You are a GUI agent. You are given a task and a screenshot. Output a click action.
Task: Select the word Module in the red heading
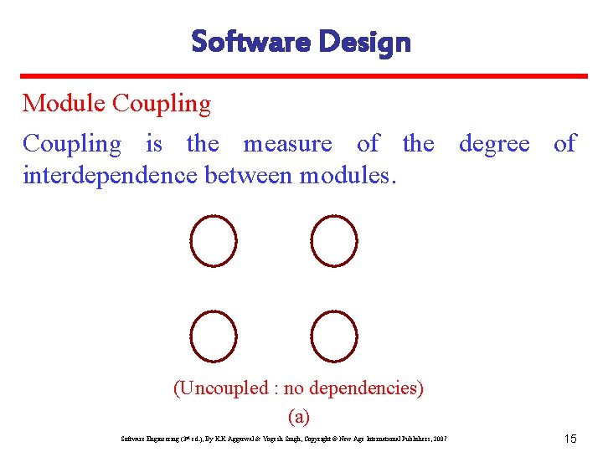(x=64, y=104)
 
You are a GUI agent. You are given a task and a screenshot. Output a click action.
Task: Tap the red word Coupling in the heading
(x=161, y=104)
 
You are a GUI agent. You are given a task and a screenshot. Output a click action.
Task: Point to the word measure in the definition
(x=287, y=144)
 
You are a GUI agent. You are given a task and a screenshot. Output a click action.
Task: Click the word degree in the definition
(x=494, y=144)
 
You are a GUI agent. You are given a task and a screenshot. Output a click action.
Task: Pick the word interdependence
(x=111, y=176)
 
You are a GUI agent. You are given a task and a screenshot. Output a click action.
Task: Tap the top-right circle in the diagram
(x=334, y=240)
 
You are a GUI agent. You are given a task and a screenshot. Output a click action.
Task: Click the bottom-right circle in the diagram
(x=334, y=336)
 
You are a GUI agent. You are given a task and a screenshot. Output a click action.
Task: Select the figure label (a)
(x=298, y=416)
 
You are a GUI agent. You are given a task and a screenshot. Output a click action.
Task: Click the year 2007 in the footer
(x=439, y=439)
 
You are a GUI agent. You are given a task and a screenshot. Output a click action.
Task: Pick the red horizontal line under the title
(x=301, y=76)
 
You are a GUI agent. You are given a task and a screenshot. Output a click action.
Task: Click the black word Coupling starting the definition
(x=71, y=144)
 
